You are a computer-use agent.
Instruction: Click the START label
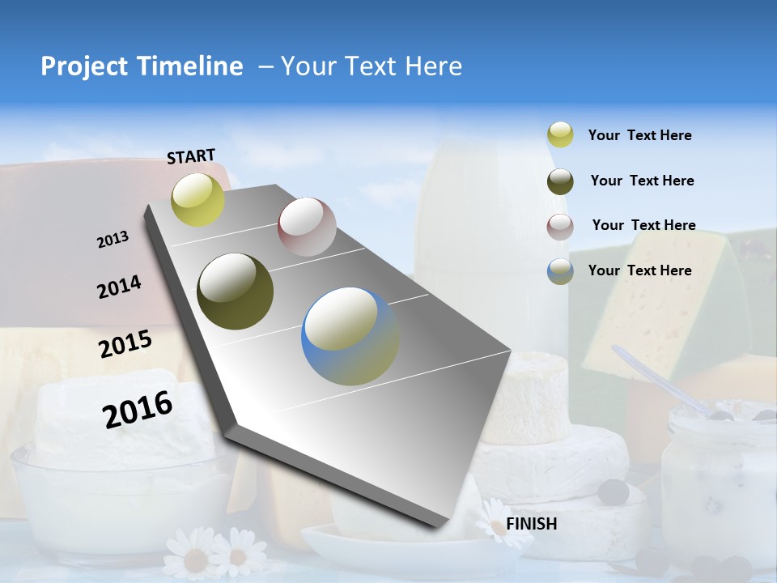pyautogui.click(x=191, y=155)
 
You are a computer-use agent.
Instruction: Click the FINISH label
pyautogui.click(x=531, y=524)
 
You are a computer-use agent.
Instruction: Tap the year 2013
pyautogui.click(x=113, y=239)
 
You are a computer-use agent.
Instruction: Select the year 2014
pyautogui.click(x=119, y=287)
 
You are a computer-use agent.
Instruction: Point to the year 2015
pyautogui.click(x=125, y=344)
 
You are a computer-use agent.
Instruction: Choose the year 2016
pyautogui.click(x=138, y=409)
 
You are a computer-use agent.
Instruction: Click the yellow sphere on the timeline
pyautogui.click(x=198, y=199)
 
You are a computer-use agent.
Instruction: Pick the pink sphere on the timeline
pyautogui.click(x=307, y=227)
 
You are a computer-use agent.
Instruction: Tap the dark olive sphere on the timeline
pyautogui.click(x=236, y=291)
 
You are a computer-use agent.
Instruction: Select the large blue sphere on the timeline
pyautogui.click(x=350, y=336)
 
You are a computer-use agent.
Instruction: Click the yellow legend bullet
pyautogui.click(x=560, y=135)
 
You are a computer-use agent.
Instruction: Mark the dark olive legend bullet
pyautogui.click(x=560, y=181)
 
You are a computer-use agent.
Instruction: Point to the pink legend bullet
pyautogui.click(x=560, y=227)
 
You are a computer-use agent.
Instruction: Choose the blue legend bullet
pyautogui.click(x=560, y=271)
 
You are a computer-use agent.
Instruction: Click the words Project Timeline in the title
pyautogui.click(x=142, y=66)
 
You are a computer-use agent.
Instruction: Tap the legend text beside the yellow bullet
pyautogui.click(x=639, y=136)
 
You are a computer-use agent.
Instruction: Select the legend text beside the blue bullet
pyautogui.click(x=639, y=270)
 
